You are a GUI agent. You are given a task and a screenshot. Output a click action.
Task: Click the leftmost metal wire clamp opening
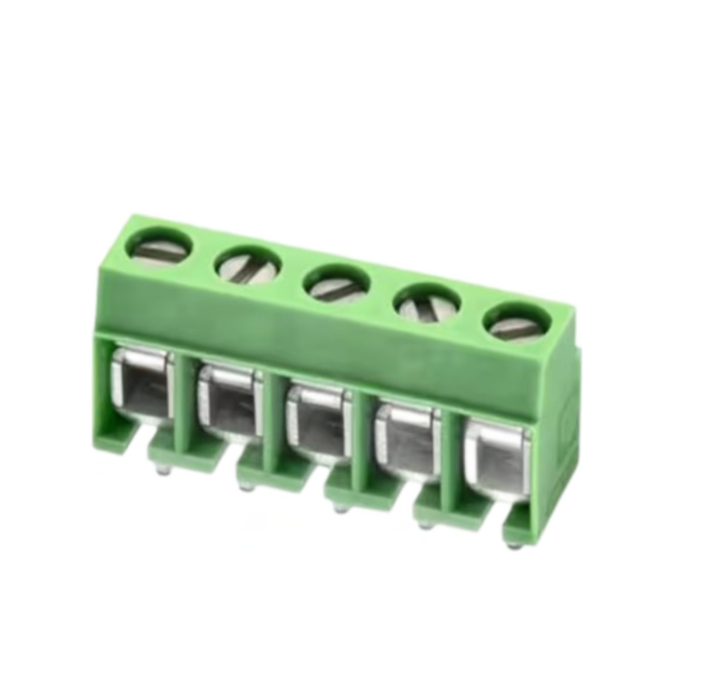pos(142,385)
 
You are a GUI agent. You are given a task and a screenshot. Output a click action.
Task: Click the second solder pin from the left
pos(248,486)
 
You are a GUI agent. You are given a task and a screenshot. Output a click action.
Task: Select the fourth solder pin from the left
pos(425,523)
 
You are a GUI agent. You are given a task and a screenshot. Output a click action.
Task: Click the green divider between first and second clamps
pos(184,407)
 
